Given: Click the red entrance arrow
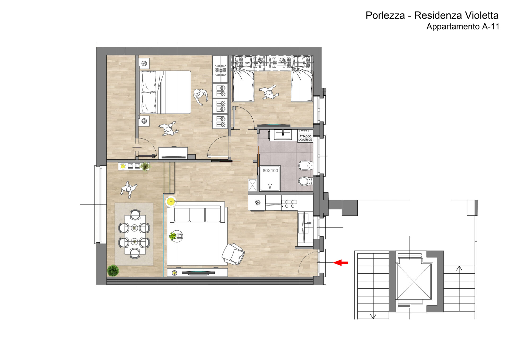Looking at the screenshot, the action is tap(340, 263).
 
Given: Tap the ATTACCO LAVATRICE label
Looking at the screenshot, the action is tap(305, 138).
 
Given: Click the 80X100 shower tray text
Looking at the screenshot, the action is tap(270, 171).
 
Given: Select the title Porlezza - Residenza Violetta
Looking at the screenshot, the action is tap(432, 15).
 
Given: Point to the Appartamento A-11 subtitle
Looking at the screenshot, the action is tap(463, 27).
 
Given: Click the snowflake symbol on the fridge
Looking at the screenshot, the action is tap(258, 203).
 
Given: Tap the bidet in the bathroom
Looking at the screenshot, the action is tap(306, 166).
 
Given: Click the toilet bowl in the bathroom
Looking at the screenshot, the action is tap(305, 181).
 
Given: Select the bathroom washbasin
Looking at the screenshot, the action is tap(283, 135).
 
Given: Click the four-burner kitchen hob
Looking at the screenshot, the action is tap(289, 204).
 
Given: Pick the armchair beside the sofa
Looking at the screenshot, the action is tap(233, 254).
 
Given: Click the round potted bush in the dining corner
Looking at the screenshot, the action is tap(113, 270).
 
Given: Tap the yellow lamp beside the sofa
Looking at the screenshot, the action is tap(171, 201).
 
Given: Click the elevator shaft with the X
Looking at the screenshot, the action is tap(414, 281).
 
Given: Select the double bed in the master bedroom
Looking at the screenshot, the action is tap(165, 92).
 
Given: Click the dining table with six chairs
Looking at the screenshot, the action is tap(135, 235).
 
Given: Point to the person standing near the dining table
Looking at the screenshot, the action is tap(129, 189).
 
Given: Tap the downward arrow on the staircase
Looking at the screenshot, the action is tap(373, 316).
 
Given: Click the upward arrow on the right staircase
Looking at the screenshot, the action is tap(459, 269).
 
